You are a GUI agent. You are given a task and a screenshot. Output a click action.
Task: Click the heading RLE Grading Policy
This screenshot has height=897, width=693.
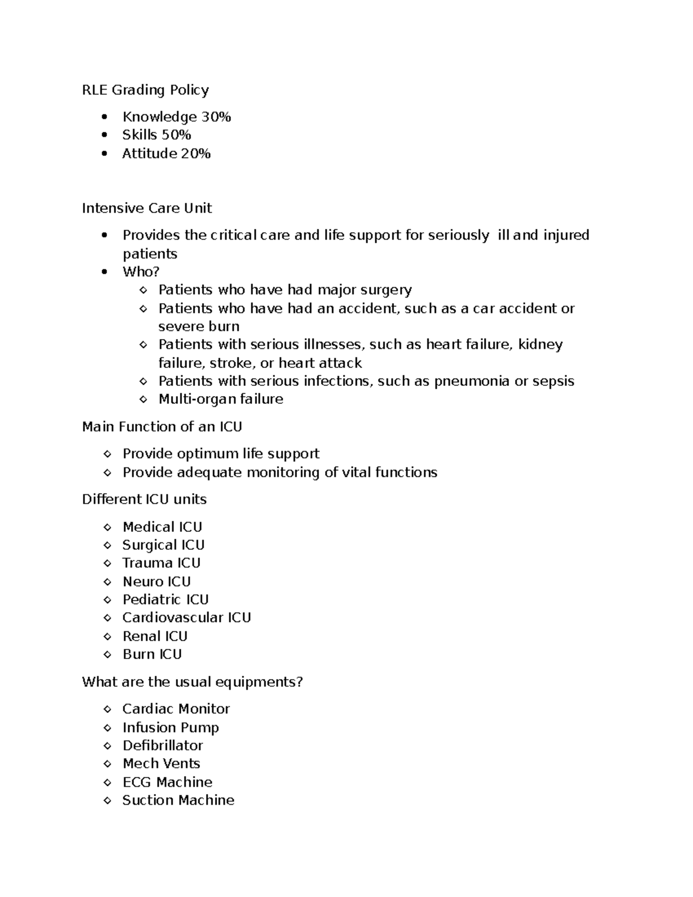pos(146,90)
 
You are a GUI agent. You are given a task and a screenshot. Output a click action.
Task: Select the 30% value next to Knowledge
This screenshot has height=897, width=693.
pos(216,117)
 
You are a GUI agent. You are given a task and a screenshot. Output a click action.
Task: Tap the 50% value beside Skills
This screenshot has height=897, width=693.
pos(176,135)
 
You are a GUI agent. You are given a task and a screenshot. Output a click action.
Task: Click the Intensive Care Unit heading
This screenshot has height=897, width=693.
pos(147,208)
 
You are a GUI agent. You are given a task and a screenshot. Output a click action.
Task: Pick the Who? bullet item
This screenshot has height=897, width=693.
pos(140,271)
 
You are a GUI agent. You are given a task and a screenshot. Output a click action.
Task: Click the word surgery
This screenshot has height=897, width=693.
pos(386,290)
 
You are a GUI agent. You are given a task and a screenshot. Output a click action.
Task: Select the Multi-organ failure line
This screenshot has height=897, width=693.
pos(221,399)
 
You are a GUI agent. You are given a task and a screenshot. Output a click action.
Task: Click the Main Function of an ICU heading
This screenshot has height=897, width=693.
pos(162,427)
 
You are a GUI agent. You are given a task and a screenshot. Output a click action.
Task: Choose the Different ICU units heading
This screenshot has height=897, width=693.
pos(144,499)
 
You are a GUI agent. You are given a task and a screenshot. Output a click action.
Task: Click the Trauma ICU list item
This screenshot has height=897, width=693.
pos(161,563)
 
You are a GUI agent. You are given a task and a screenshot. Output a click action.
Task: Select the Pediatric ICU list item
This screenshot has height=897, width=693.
pos(165,600)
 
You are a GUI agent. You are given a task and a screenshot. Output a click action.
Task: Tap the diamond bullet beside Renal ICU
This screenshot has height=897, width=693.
pos(107,637)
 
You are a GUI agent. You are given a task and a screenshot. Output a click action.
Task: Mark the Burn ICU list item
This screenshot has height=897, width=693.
pos(152,654)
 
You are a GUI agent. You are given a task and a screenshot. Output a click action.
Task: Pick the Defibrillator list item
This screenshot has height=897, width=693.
pos(162,746)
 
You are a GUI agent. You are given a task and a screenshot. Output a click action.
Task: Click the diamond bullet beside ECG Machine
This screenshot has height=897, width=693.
pos(107,783)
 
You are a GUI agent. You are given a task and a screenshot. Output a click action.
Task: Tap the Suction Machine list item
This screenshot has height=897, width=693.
pos(178,801)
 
